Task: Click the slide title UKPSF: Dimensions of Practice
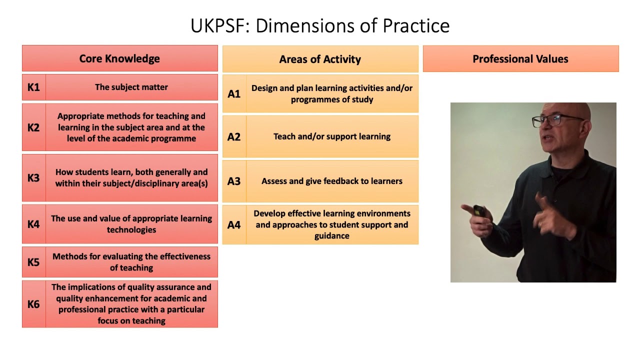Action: click(320, 26)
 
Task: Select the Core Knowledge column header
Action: click(119, 58)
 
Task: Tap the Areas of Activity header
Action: click(320, 59)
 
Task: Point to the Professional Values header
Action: click(520, 59)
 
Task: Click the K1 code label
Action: click(33, 87)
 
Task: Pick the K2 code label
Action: click(33, 127)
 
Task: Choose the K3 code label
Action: click(33, 178)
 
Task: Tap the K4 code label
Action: click(33, 224)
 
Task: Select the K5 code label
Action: click(33, 262)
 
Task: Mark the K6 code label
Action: click(33, 304)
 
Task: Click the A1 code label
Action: click(234, 94)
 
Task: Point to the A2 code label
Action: click(234, 137)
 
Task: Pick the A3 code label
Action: click(234, 181)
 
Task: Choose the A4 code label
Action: click(234, 225)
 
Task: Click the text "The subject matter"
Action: click(131, 87)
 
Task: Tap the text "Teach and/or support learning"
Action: click(332, 136)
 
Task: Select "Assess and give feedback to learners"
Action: click(332, 181)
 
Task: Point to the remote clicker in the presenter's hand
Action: click(479, 211)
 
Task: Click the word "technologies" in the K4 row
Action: click(131, 230)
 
